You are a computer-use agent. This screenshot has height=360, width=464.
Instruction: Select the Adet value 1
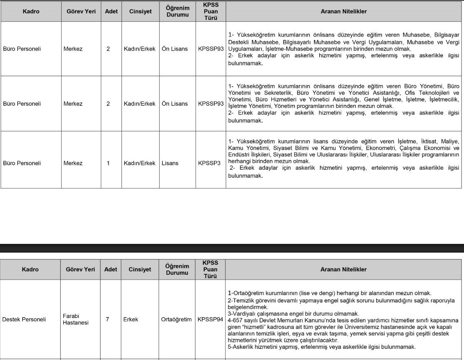[108, 164]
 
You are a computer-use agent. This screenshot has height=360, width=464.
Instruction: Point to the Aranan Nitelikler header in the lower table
[344, 269]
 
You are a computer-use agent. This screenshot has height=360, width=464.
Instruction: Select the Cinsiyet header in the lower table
[139, 269]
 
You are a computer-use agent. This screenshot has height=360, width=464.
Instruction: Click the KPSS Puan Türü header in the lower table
[211, 269]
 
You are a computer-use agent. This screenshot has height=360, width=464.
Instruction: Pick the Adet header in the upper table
[111, 12]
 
